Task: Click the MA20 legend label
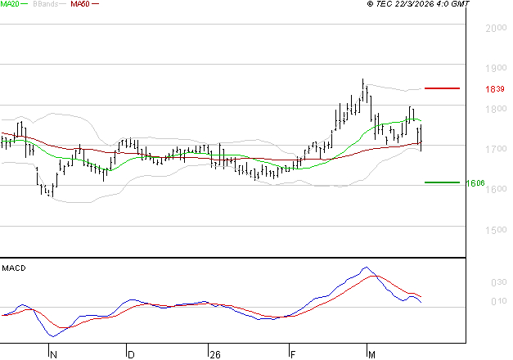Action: pyautogui.click(x=10, y=4)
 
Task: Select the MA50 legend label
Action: pyautogui.click(x=80, y=4)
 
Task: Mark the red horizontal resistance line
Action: pyautogui.click(x=442, y=88)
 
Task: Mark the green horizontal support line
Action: pyautogui.click(x=442, y=182)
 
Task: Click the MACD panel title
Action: pyautogui.click(x=14, y=268)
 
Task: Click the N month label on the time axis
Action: pyautogui.click(x=53, y=355)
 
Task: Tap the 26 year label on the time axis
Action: pyautogui.click(x=215, y=355)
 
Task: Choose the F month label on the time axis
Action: pyautogui.click(x=292, y=355)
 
